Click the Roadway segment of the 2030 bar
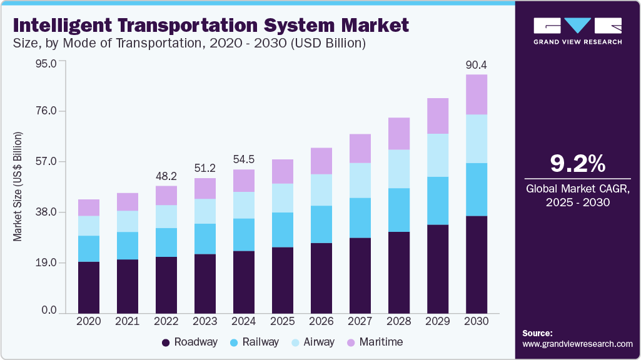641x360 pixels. [477, 264]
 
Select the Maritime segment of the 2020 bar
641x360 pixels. [89, 207]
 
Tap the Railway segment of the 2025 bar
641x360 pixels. [283, 229]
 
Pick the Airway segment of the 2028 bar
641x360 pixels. [399, 169]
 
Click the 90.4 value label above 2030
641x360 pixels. [477, 64]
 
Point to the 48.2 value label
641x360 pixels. [166, 176]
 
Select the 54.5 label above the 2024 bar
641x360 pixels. [244, 159]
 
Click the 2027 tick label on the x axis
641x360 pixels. [360, 321]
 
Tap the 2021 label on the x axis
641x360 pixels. [128, 321]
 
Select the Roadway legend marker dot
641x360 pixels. [166, 342]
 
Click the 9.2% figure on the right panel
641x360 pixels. [577, 163]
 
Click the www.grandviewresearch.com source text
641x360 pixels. [577, 344]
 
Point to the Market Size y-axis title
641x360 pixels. [18, 186]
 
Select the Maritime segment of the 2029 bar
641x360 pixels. [438, 116]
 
